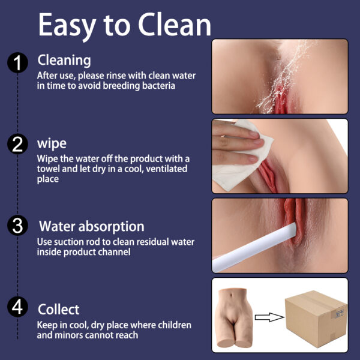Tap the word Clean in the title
coord(175,24)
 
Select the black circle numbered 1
coord(17,62)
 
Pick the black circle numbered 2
coord(17,144)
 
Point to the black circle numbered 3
coord(17,226)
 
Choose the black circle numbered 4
coord(17,307)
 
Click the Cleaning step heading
coord(64,61)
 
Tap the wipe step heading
coord(52,144)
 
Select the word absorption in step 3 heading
coord(112,227)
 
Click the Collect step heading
coord(59,309)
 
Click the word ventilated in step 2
coord(166,169)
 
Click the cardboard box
coord(316,319)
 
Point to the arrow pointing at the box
coord(269,317)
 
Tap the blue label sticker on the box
coord(340,313)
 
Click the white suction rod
coord(254,247)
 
